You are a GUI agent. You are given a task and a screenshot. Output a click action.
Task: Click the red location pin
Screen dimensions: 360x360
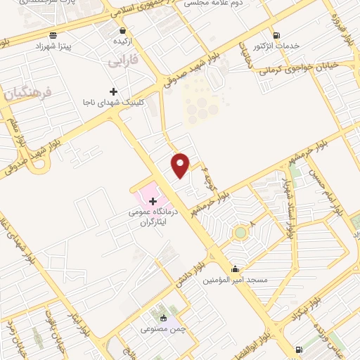tap(181, 164)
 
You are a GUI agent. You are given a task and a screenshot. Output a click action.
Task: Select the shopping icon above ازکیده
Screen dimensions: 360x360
tap(124, 32)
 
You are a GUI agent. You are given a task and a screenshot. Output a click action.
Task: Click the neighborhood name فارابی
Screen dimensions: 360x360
tap(123, 62)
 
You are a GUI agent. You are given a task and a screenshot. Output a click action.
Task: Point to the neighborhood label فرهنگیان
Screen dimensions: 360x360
tap(27, 92)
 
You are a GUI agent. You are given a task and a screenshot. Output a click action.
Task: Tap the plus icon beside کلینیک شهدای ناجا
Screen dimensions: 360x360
tap(113, 91)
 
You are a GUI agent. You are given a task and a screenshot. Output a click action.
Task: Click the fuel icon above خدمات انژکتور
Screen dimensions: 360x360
tap(276, 35)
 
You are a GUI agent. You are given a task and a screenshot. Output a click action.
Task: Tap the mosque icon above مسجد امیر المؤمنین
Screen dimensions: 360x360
tap(235, 269)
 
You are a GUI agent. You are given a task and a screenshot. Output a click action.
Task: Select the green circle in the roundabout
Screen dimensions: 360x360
tap(241, 231)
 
